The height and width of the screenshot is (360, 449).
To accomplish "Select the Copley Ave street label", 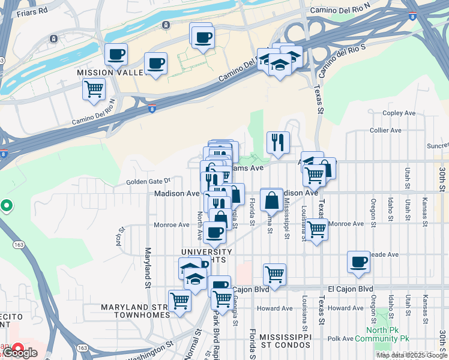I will click(x=399, y=113).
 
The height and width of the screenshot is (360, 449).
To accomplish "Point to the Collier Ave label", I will click(x=385, y=130).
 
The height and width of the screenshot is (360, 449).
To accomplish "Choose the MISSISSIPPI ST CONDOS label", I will click(x=285, y=341).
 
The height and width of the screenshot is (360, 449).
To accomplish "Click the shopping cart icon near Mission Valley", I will click(x=94, y=89).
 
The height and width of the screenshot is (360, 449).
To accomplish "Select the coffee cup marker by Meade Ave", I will click(x=359, y=262).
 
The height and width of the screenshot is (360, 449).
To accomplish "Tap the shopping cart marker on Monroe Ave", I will click(x=316, y=229).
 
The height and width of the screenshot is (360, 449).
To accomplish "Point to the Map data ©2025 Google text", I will click(x=411, y=355).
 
